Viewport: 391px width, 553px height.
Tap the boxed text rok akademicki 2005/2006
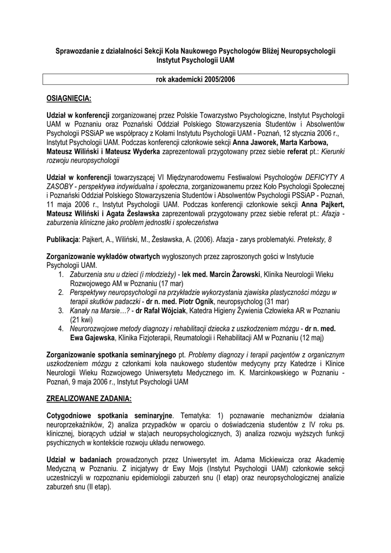click(195, 80)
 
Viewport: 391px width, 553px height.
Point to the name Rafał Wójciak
click(167, 311)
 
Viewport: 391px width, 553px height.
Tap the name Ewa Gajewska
click(92, 338)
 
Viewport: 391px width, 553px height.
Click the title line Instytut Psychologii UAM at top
click(195, 61)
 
